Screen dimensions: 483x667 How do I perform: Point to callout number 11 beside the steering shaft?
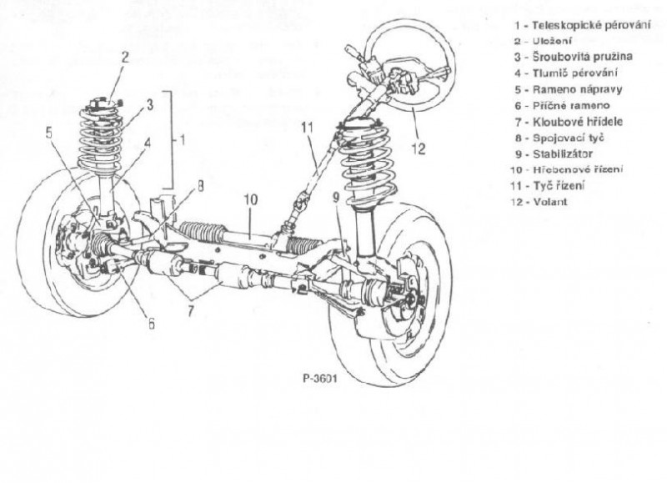[x=307, y=127]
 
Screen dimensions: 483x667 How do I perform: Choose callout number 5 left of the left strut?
[x=49, y=131]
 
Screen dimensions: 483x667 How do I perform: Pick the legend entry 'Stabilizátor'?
[x=559, y=153]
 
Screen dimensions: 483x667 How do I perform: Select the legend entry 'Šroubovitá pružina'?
[x=576, y=57]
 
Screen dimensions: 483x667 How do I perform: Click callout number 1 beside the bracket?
[x=183, y=140]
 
